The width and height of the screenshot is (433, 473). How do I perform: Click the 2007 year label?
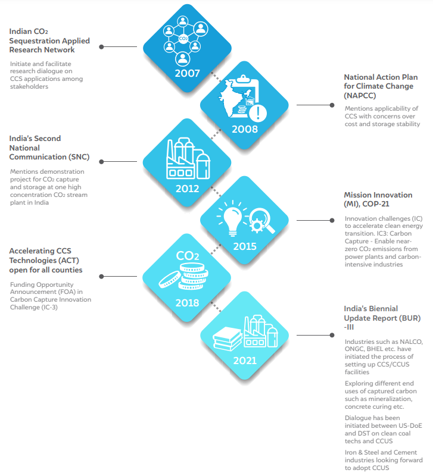187,73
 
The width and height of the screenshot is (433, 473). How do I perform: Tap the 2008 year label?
245,129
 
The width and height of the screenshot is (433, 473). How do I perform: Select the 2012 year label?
187,189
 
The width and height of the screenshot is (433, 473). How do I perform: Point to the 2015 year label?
245,246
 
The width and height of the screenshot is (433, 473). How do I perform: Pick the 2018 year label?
187,303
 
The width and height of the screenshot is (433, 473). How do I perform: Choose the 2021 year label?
245,361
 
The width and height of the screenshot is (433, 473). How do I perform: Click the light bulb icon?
232,218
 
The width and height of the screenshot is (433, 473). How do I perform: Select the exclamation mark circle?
258,113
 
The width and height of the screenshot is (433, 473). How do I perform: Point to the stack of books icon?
228,339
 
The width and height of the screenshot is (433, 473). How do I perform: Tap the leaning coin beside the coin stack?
170,279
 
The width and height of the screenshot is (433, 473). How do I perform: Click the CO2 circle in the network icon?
183,38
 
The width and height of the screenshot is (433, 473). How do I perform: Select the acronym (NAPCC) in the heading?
360,96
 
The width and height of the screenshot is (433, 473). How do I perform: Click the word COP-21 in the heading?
376,204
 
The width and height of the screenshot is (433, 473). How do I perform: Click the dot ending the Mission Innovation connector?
332,221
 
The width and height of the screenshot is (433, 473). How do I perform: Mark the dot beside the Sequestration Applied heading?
101,47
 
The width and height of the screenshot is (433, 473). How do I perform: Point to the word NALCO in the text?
411,342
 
